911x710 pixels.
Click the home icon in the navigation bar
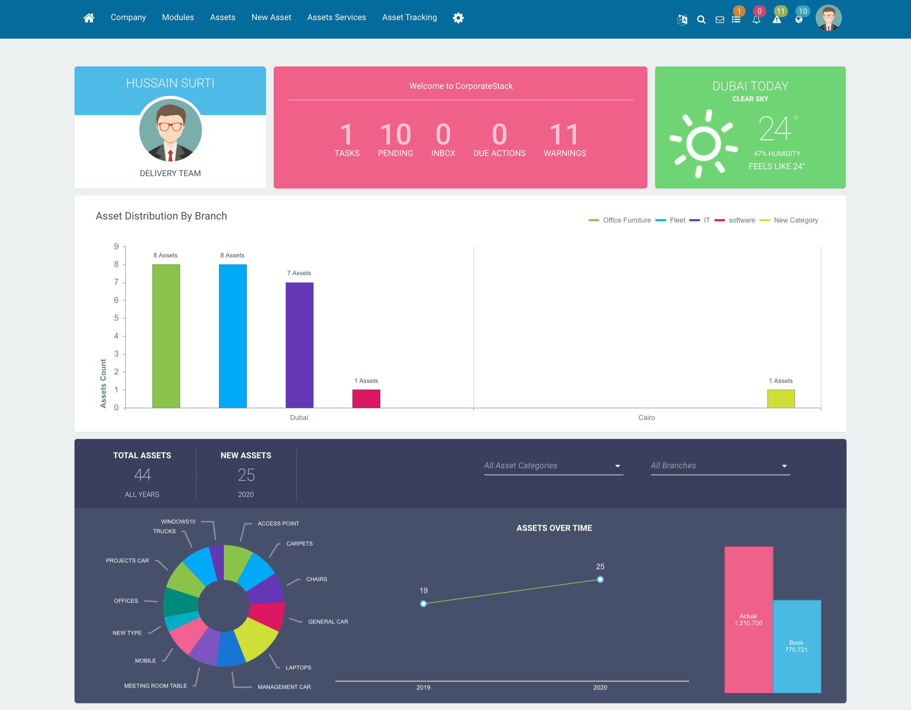89,17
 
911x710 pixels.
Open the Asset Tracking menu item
409,17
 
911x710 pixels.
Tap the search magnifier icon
701,20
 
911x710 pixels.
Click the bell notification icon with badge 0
756,20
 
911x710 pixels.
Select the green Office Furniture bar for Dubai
166,336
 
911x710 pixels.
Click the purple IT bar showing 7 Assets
300,345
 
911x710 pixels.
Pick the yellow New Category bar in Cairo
781,399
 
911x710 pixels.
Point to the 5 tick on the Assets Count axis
116,318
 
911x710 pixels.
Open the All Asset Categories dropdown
554,466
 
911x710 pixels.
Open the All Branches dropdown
720,466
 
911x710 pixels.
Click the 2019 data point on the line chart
423,603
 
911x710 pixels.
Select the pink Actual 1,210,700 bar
748,620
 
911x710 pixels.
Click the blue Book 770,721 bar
797,646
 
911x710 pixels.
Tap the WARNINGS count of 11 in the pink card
564,134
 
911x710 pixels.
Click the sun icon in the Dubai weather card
703,143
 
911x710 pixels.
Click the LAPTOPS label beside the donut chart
298,668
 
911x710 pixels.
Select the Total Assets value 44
142,475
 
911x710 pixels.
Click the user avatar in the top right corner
828,18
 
